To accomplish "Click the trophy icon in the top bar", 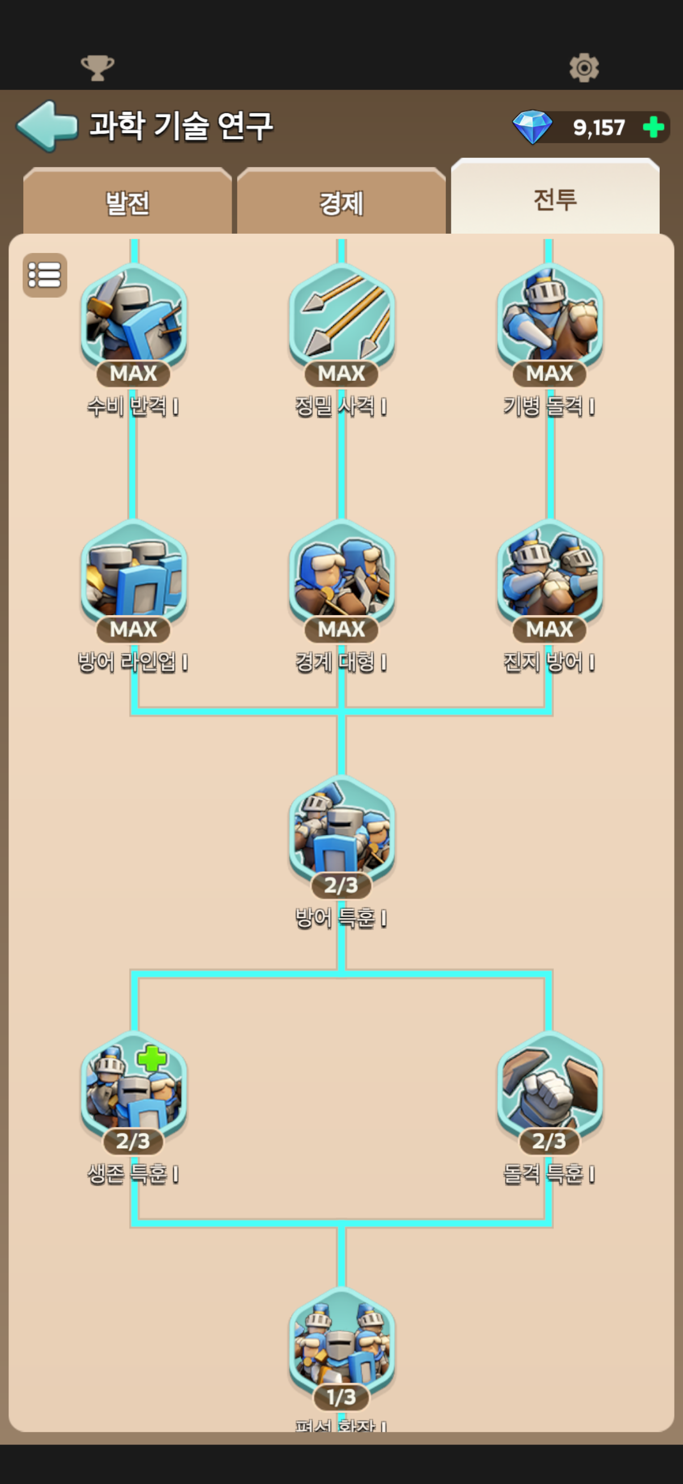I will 97,67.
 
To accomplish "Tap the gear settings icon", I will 584,67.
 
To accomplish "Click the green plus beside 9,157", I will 653,127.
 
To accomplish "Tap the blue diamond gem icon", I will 532,127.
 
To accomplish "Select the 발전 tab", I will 127,203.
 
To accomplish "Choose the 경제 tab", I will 341,203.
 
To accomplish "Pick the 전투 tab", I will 555,199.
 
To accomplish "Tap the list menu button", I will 45,275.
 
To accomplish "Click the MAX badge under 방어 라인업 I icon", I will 133,629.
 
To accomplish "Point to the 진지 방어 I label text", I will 549,663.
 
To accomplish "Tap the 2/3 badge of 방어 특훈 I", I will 341,885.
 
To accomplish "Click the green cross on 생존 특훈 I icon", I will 152,1058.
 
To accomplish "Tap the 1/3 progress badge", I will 341,1396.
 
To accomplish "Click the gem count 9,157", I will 599,127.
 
